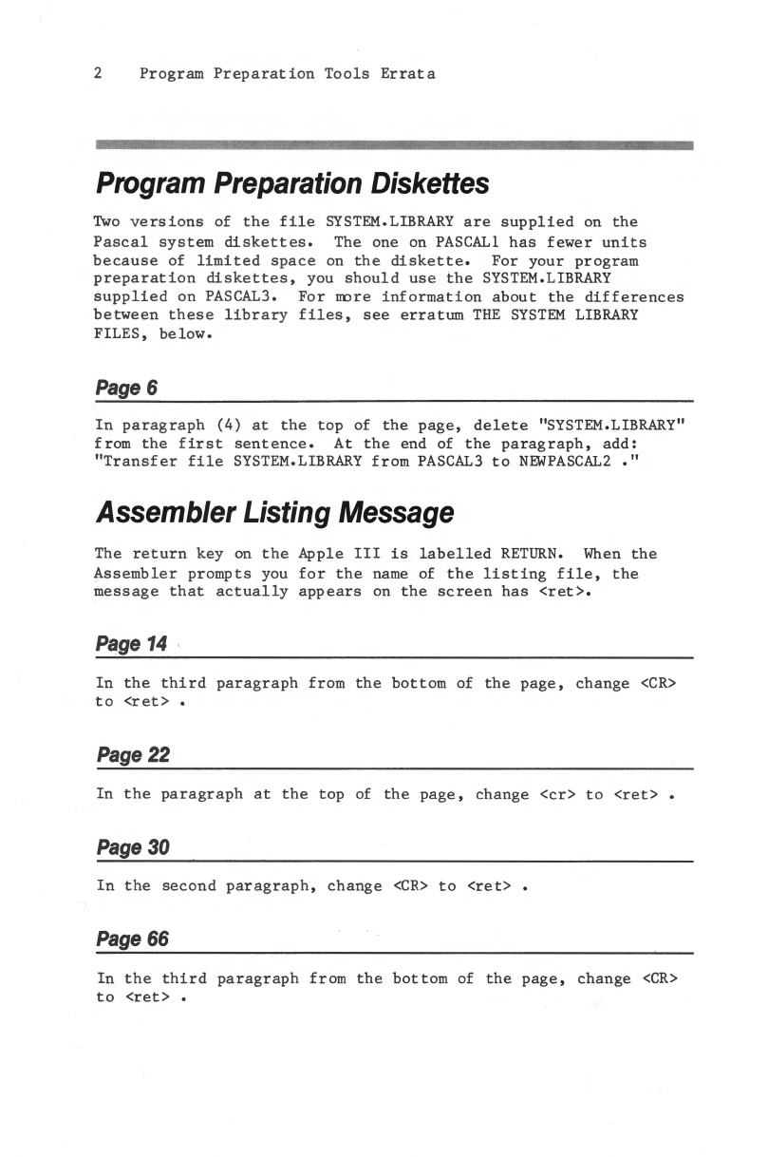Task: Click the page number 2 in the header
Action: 98,73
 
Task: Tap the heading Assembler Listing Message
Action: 274,513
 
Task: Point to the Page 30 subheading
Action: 132,848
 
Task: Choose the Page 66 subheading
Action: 132,940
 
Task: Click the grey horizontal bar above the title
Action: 395,145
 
